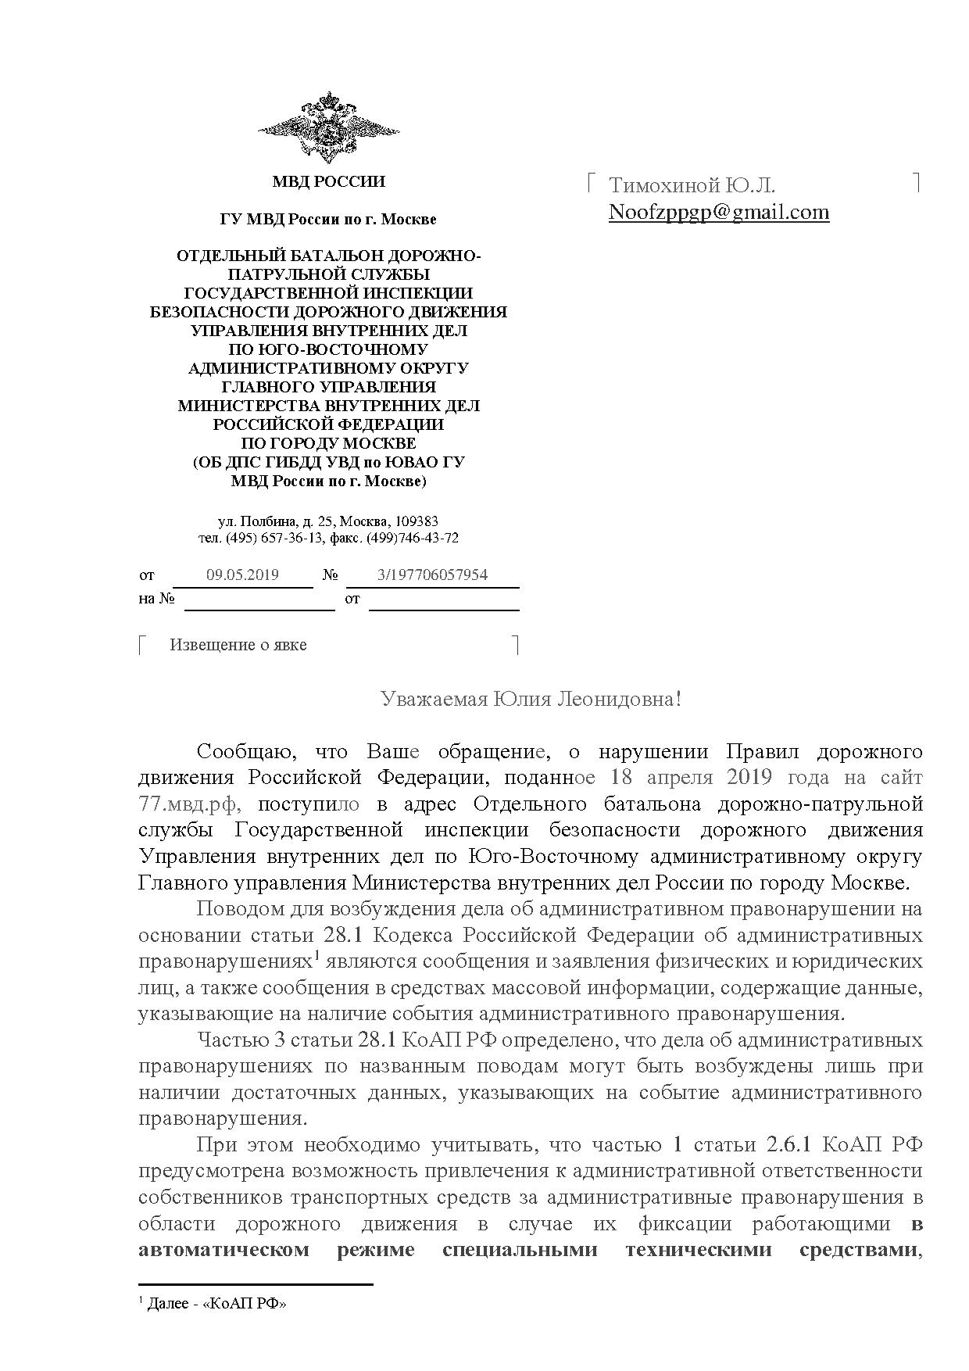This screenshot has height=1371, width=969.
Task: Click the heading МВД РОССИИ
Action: pos(328,182)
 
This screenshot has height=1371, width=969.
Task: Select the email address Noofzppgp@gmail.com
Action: pos(718,212)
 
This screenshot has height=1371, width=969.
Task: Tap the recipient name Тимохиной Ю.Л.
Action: pos(692,185)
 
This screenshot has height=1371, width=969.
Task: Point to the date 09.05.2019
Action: pos(242,575)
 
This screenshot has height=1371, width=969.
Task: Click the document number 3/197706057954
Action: pos(432,575)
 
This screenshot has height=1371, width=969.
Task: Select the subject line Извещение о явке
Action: pos(238,645)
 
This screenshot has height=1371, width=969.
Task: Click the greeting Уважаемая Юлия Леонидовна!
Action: pos(531,699)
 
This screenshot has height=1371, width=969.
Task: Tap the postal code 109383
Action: pos(418,521)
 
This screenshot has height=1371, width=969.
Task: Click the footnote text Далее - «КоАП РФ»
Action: pos(216,1305)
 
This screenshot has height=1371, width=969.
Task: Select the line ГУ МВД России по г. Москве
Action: pos(328,220)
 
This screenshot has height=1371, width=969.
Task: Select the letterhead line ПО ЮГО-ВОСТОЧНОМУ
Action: pos(328,350)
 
